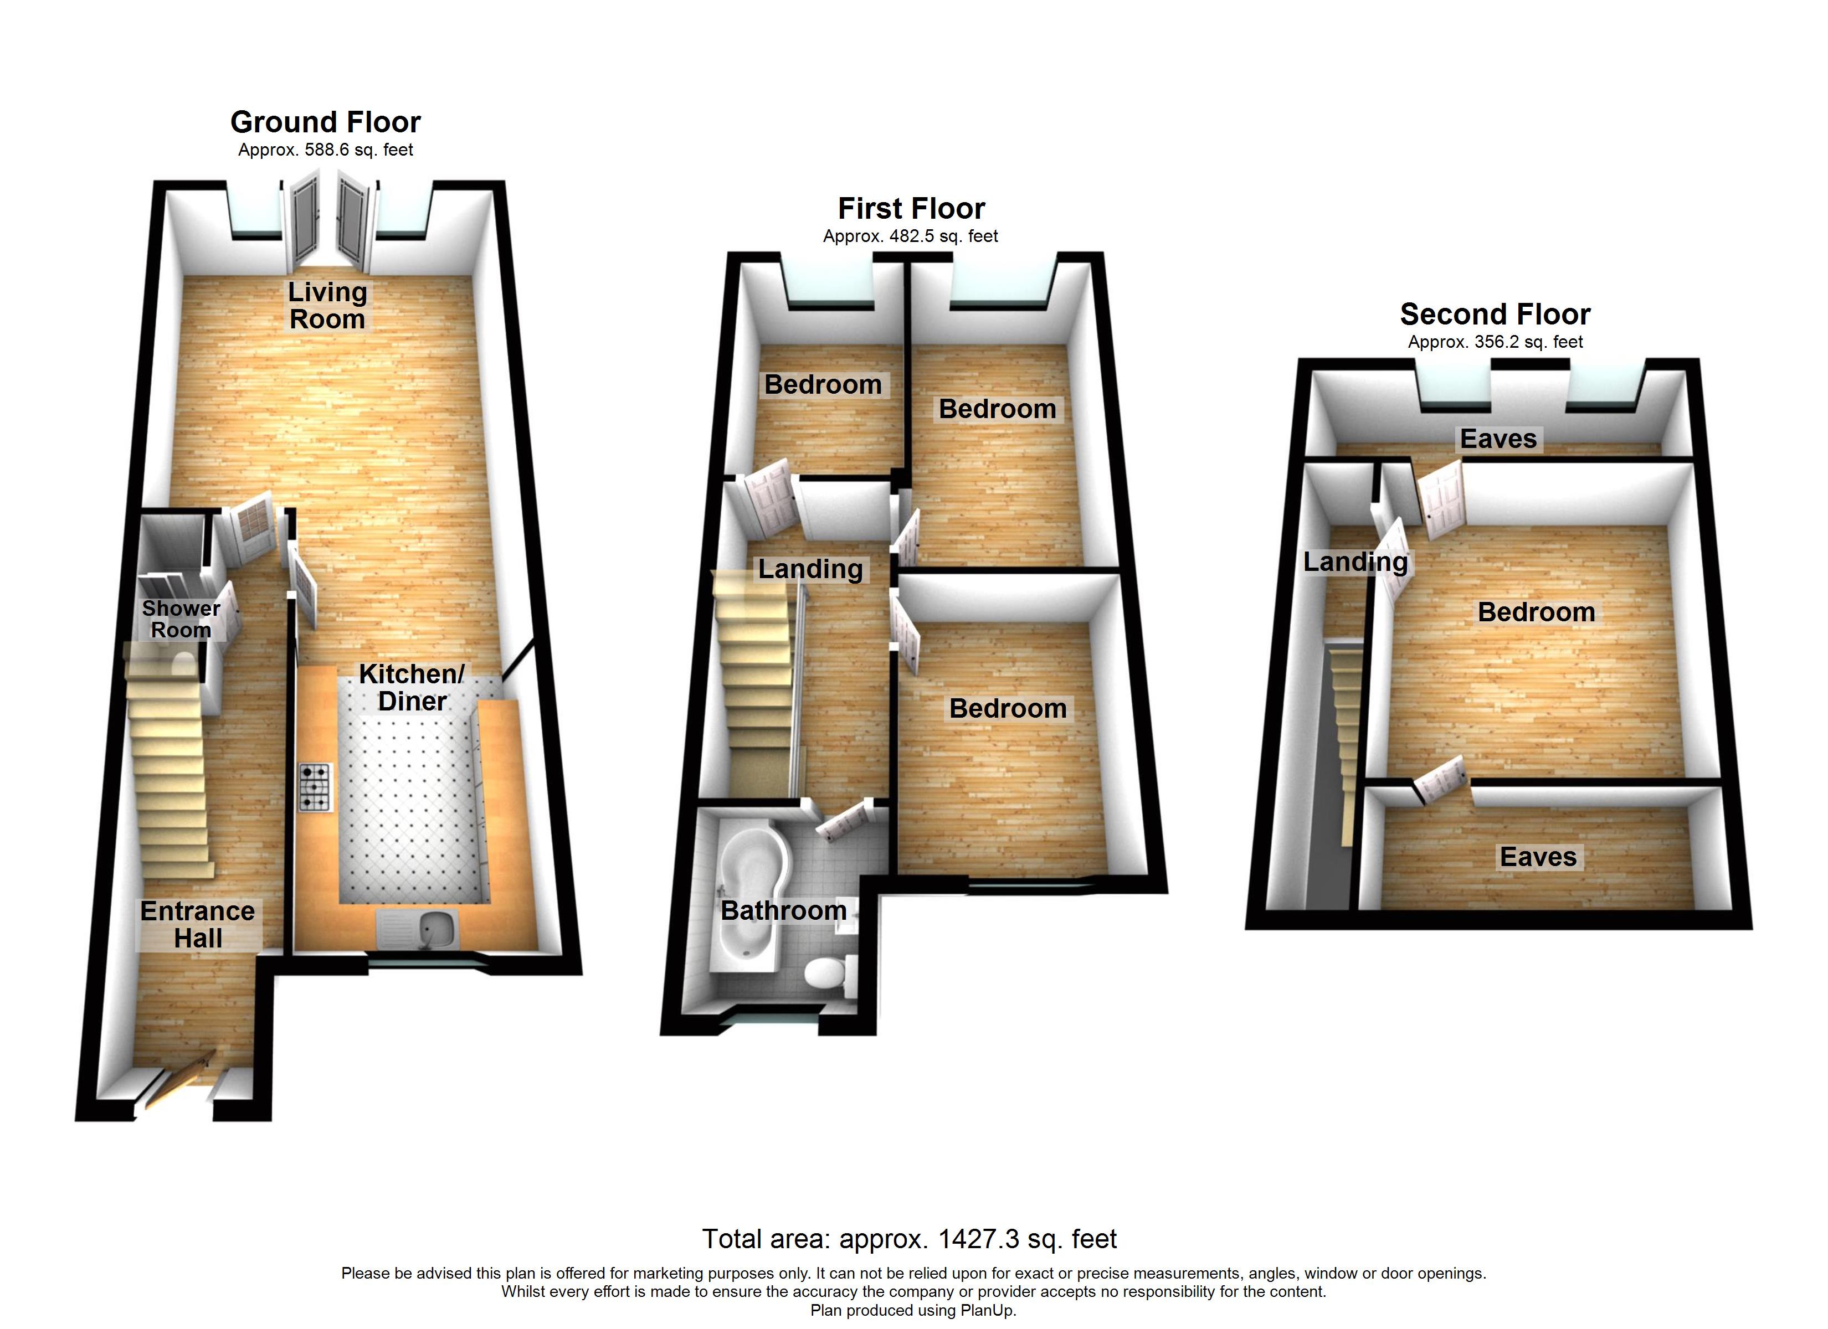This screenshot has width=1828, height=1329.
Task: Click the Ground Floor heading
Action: (326, 122)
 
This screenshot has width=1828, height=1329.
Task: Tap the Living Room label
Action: (327, 306)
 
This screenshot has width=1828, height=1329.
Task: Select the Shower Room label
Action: (181, 619)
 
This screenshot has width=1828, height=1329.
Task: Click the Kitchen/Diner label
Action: (412, 687)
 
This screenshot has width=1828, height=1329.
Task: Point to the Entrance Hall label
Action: (197, 924)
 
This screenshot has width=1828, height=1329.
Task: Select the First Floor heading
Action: (912, 209)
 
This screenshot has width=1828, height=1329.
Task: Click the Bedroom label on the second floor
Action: (1536, 612)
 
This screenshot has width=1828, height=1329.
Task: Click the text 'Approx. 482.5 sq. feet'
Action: (911, 236)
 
